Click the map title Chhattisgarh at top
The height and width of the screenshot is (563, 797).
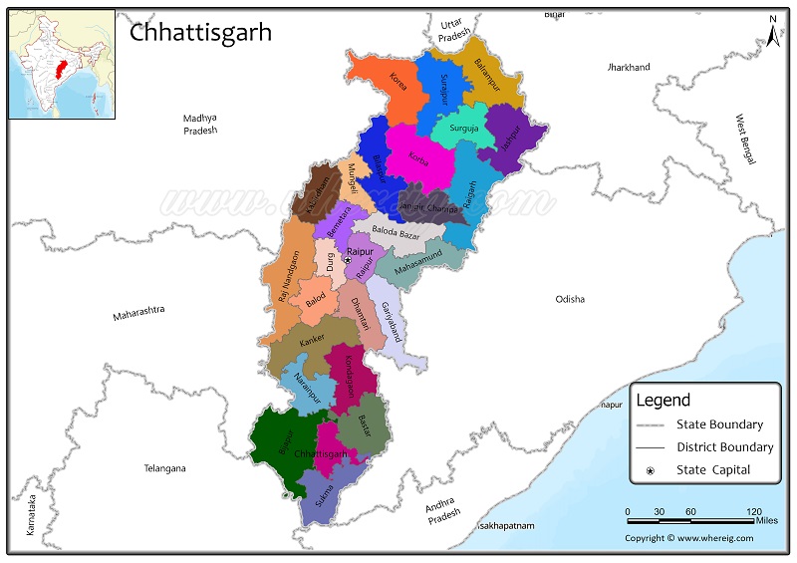tap(200, 32)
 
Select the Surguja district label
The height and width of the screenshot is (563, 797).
tap(463, 129)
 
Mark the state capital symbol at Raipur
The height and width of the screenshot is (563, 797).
tap(348, 260)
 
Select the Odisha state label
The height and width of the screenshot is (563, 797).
tap(570, 299)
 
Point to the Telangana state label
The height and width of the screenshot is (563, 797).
tap(164, 467)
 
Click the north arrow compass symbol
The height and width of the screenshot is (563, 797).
tap(772, 32)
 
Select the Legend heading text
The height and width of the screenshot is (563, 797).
tap(664, 401)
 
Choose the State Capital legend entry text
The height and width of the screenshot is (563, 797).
tap(713, 470)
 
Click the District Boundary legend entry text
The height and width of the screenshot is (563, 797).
tap(724, 447)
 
